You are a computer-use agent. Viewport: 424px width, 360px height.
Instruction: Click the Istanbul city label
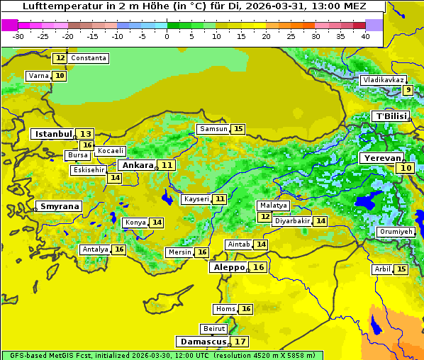[x=53, y=133]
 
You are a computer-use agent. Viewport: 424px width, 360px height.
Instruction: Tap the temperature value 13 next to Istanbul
[x=85, y=133]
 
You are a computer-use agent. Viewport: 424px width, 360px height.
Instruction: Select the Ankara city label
[x=137, y=165]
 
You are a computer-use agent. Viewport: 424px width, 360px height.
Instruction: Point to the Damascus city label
[x=203, y=342]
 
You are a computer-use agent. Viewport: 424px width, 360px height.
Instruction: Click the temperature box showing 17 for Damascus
[x=240, y=342]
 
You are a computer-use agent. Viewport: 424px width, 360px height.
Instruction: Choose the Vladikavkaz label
[x=383, y=80]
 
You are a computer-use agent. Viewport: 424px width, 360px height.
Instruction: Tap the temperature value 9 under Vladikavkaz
[x=408, y=90]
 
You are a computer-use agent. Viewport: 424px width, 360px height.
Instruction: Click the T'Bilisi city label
[x=391, y=116]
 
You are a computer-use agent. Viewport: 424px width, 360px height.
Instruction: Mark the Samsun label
[x=213, y=129]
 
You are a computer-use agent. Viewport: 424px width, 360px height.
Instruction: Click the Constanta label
[x=89, y=57]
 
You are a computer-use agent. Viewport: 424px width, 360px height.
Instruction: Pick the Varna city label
[x=38, y=76]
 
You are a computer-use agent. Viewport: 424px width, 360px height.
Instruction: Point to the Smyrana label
[x=60, y=206]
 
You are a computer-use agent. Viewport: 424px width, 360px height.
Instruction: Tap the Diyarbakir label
[x=292, y=221]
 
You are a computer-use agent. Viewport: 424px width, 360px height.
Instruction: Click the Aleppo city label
[x=228, y=267]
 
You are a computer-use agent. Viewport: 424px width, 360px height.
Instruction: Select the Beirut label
[x=214, y=329]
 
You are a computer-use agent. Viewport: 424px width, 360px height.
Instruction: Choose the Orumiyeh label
[x=395, y=232]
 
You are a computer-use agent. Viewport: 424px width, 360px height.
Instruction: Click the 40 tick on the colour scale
[x=365, y=35]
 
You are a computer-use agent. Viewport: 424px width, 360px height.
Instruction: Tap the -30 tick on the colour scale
[x=18, y=35]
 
